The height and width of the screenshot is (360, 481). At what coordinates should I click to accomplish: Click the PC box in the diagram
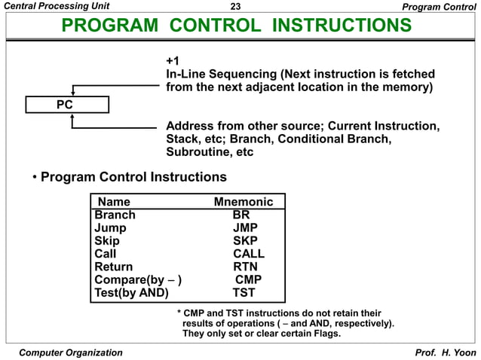coord(66,105)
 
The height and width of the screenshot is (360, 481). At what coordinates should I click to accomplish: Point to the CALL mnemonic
coord(249,254)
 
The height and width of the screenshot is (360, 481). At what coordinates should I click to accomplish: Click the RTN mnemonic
coord(245,267)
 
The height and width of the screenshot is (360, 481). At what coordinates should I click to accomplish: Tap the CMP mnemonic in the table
coord(249,280)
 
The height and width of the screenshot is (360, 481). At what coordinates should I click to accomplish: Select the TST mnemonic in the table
coord(244,293)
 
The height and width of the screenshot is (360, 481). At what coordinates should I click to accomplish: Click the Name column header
coord(114,202)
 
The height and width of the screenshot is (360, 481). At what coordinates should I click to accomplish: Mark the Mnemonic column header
coord(249,202)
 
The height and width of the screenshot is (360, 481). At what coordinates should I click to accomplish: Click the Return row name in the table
coord(113,267)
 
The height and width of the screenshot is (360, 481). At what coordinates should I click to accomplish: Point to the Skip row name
coord(107,241)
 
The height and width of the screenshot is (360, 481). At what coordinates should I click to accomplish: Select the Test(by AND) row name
coord(131,293)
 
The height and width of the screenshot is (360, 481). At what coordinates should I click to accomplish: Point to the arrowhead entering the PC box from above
coord(72,93)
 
